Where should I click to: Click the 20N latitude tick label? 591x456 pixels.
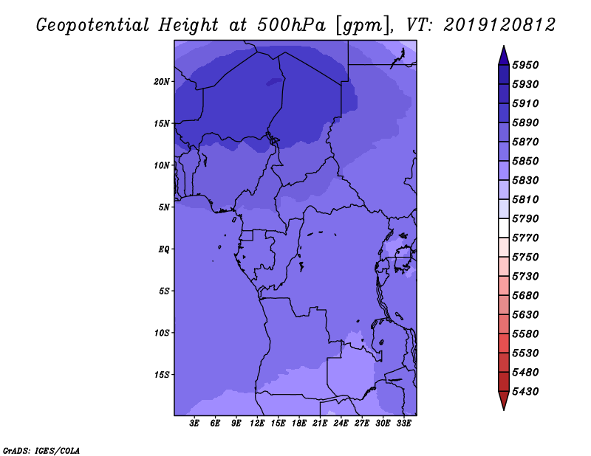click(162, 82)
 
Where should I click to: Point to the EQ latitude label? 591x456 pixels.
click(164, 249)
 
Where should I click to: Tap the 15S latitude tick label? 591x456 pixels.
click(162, 375)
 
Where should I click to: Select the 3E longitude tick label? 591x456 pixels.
click(194, 424)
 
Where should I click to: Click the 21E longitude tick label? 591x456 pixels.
click(320, 424)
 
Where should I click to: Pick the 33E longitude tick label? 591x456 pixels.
click(403, 424)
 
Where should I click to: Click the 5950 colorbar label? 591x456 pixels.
click(525, 65)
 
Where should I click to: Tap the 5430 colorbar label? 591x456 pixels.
click(525, 392)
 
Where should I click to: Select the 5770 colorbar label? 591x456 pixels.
click(525, 238)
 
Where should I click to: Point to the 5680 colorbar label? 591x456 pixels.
click(525, 296)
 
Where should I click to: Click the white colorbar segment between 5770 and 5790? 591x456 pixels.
click(504, 228)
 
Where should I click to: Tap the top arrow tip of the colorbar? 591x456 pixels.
click(504, 46)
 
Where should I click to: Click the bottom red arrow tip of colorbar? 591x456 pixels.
click(504, 410)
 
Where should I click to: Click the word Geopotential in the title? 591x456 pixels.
click(93, 26)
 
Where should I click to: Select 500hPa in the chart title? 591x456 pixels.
click(291, 25)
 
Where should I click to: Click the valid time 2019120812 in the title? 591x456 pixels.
click(499, 25)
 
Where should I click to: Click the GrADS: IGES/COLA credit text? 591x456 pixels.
click(41, 451)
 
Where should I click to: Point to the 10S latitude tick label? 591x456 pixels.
click(162, 333)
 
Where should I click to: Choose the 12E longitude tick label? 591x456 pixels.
click(257, 424)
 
